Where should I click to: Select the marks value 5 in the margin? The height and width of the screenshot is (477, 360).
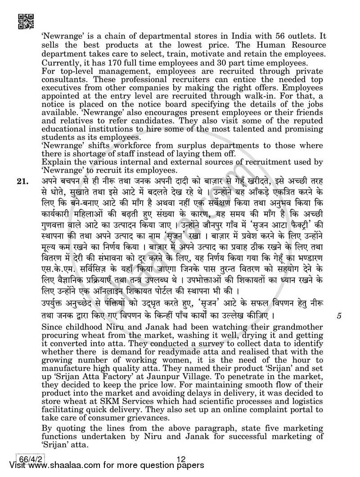pyautogui.click(x=339, y=316)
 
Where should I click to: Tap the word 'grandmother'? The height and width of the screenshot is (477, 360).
pyautogui.click(x=302, y=326)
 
